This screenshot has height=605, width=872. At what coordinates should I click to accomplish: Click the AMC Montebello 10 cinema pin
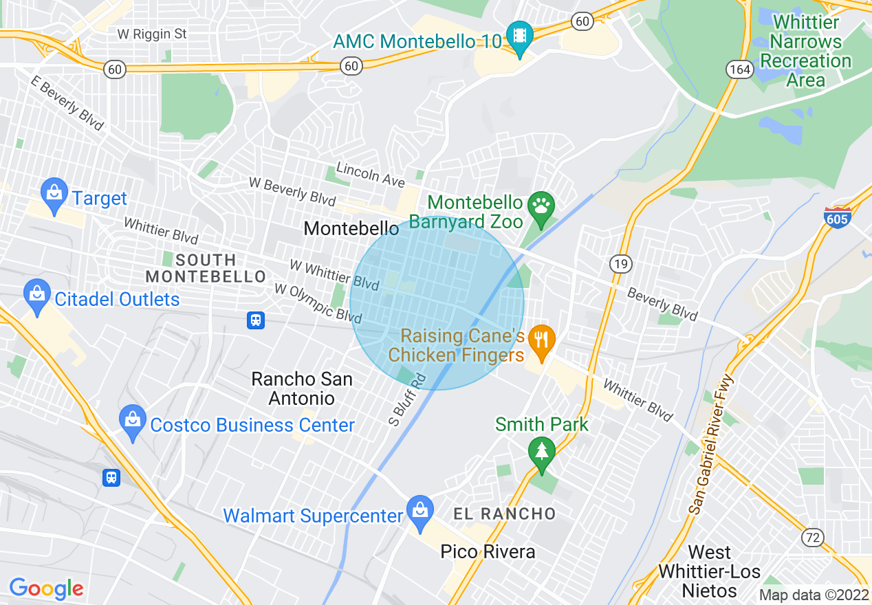(x=520, y=38)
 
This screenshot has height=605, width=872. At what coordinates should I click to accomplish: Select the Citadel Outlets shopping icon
(x=36, y=296)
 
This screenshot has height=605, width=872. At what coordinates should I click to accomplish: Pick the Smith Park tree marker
(x=542, y=454)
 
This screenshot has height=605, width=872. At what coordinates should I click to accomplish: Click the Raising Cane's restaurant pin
(x=543, y=341)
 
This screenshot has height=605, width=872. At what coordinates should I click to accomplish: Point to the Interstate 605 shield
(x=837, y=218)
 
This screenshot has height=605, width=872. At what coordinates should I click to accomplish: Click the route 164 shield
(x=740, y=69)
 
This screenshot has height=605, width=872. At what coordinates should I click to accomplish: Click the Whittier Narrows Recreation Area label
(x=805, y=51)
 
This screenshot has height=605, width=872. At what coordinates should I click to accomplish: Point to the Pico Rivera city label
(x=488, y=551)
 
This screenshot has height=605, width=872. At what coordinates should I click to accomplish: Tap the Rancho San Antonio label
(x=301, y=388)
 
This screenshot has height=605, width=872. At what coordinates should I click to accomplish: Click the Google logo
(x=46, y=588)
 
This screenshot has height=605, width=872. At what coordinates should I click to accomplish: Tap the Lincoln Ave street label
(x=370, y=176)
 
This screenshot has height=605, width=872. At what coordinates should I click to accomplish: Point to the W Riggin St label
(x=151, y=34)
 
